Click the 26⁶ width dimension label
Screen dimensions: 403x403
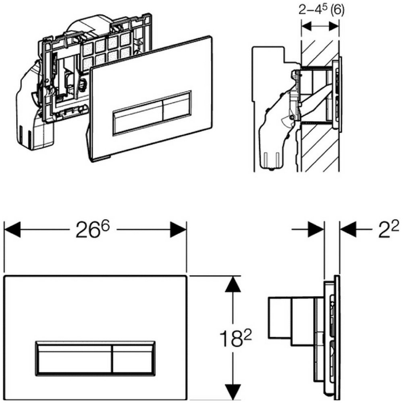[93, 229]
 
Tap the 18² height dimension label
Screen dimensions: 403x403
[235, 339]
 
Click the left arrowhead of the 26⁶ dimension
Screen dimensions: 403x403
[12, 229]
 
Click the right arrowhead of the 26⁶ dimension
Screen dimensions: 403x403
[178, 229]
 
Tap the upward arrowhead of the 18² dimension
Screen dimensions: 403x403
[233, 284]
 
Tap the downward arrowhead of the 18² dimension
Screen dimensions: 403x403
[233, 392]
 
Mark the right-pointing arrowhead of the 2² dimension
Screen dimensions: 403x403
[316, 229]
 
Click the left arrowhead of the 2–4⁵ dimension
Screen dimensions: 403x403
[307, 26]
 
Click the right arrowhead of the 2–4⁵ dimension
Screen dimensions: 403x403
[333, 26]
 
